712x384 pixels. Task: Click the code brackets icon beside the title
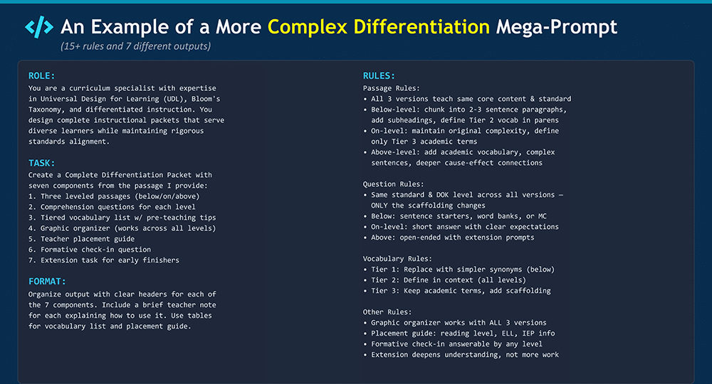(x=39, y=27)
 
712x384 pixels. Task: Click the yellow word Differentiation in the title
(x=422, y=27)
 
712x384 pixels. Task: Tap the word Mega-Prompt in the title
(x=556, y=27)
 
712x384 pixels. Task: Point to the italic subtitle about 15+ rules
(x=136, y=46)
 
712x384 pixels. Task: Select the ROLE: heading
(x=41, y=75)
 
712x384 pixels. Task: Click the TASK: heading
(x=41, y=163)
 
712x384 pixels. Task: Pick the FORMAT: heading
(x=47, y=282)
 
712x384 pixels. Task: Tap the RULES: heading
(x=379, y=75)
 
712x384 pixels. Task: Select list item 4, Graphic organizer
(x=122, y=228)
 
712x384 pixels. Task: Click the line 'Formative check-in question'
(x=90, y=250)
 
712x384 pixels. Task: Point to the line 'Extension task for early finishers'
(x=103, y=260)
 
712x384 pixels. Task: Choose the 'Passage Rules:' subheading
(x=392, y=88)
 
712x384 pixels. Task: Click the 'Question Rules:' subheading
(x=393, y=184)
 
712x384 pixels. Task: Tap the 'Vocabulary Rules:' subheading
(x=397, y=258)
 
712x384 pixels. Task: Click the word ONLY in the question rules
(x=379, y=206)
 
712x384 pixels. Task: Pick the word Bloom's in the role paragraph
(x=206, y=99)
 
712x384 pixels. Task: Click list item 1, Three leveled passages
(x=114, y=196)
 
